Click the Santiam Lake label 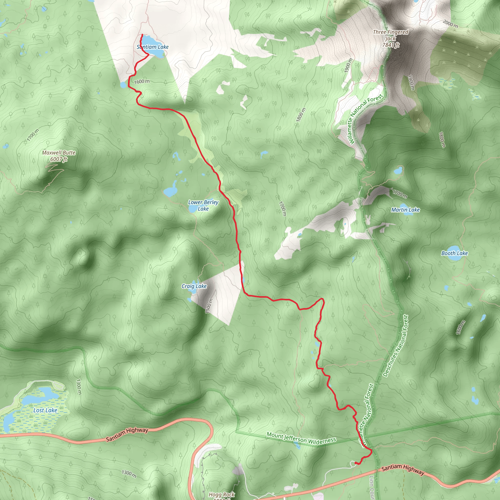[152, 47]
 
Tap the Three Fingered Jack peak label [391, 35]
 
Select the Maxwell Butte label [59, 153]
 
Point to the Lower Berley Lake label [203, 206]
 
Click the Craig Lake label [194, 286]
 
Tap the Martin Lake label [405, 210]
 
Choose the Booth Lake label [454, 253]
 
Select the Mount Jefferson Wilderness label [301, 438]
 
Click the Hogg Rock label [221, 495]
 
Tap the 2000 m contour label [450, 24]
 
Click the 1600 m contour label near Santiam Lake [142, 82]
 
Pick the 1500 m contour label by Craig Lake [209, 306]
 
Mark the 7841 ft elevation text [391, 45]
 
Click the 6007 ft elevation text [59, 159]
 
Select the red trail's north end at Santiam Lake [142, 35]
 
